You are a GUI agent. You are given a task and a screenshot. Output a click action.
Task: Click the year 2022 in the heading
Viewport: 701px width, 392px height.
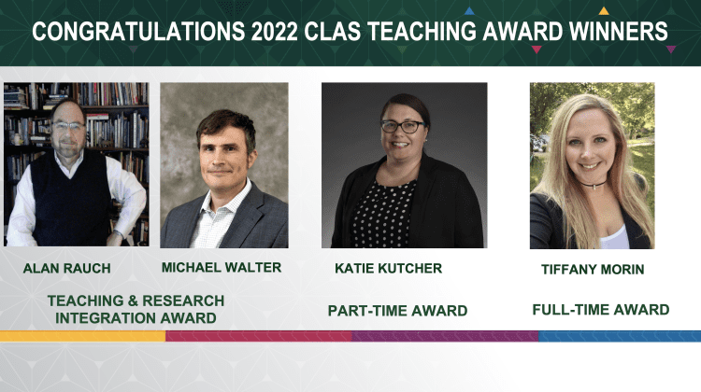[x=275, y=32]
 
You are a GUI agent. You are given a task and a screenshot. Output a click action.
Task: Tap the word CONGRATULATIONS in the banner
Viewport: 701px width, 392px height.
[x=138, y=32]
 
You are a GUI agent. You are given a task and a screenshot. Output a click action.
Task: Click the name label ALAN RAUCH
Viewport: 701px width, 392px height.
[x=67, y=268]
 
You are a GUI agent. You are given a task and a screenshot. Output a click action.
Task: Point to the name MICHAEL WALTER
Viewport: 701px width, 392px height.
[x=222, y=268]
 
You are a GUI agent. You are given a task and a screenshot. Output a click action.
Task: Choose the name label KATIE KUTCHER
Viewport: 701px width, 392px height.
[x=389, y=268]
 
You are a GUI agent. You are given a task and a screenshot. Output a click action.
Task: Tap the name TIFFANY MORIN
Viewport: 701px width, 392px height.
[x=593, y=270]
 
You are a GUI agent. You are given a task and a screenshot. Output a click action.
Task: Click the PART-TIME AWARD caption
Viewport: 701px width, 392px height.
[x=397, y=311]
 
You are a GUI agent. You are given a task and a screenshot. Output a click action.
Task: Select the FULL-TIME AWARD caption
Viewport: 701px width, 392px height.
[x=601, y=310]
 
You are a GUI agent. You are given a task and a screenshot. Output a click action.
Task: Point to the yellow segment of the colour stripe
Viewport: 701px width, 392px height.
[x=82, y=336]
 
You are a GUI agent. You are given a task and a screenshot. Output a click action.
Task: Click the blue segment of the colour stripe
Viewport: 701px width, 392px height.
[x=620, y=336]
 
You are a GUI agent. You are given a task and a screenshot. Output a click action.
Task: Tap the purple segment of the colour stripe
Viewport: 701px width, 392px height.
[x=445, y=336]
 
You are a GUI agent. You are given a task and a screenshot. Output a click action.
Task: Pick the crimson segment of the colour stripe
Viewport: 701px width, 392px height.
[x=259, y=336]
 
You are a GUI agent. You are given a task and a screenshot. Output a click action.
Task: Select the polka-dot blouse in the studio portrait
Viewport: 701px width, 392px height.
[x=383, y=214]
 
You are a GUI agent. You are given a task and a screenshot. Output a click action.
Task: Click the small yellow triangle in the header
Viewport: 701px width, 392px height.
[x=604, y=11]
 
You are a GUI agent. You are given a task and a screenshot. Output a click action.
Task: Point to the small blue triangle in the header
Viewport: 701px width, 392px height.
[x=469, y=11]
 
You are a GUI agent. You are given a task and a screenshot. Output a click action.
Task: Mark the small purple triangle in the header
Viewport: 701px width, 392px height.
[x=670, y=49]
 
